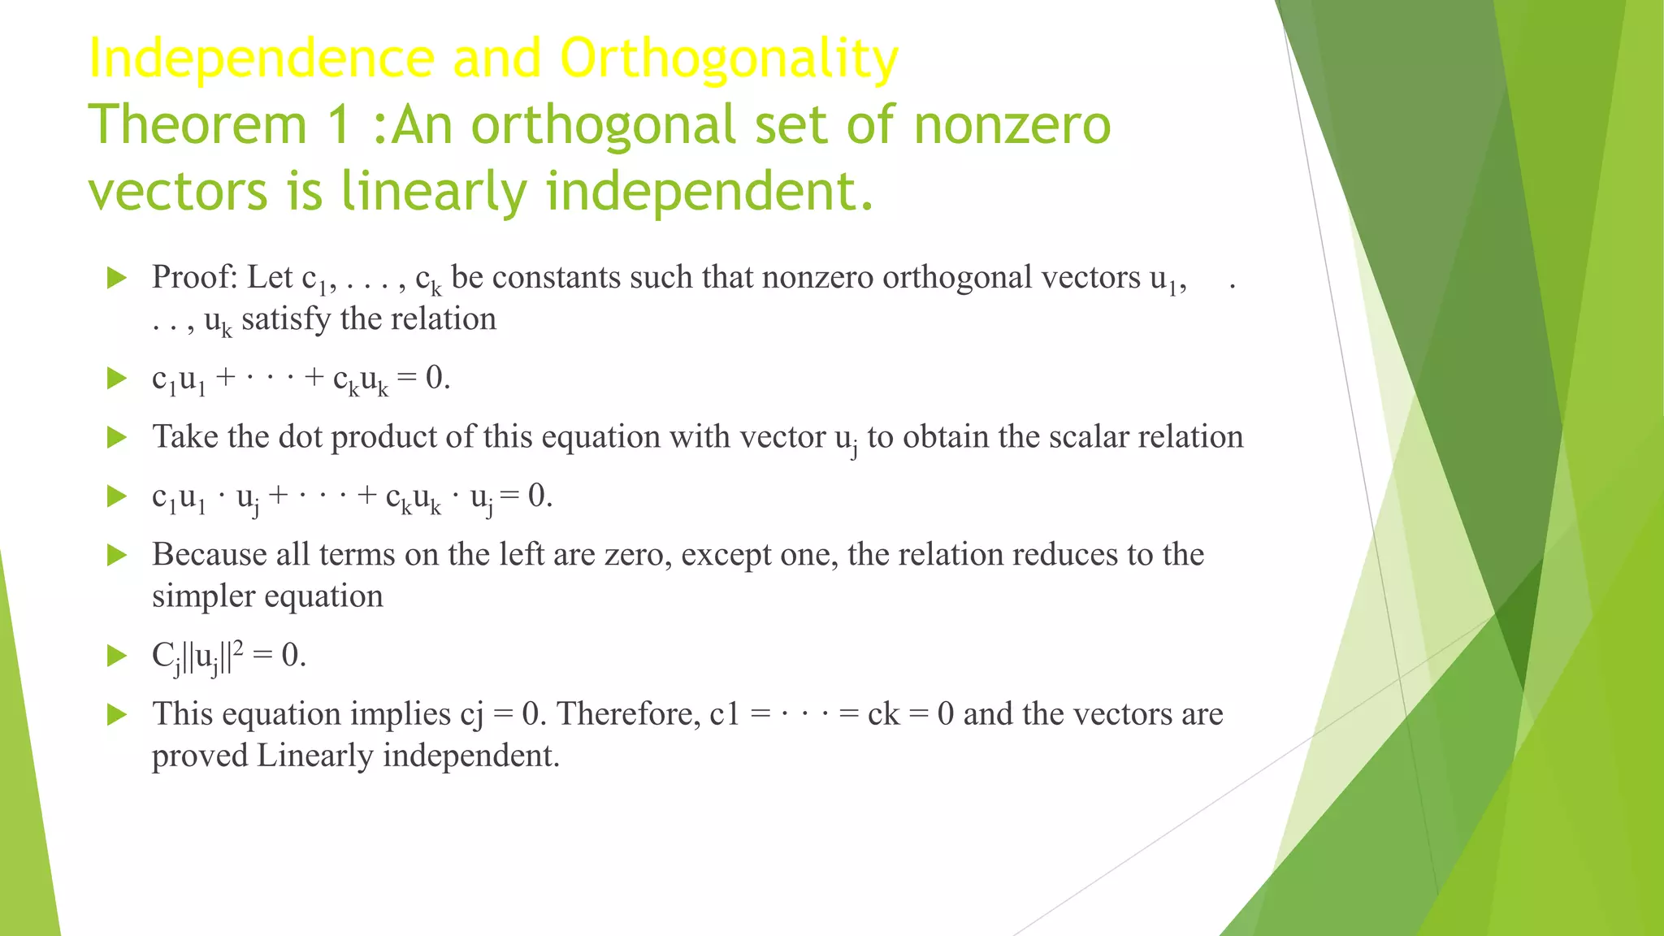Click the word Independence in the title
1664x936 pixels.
(x=260, y=58)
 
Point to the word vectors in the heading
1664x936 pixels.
(x=177, y=192)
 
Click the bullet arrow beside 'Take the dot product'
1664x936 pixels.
(x=118, y=438)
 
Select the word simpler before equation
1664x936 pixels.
(x=204, y=597)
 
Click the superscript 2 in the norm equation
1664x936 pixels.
(x=238, y=647)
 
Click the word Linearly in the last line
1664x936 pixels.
(x=315, y=756)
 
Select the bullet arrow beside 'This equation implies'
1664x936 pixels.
(x=118, y=715)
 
